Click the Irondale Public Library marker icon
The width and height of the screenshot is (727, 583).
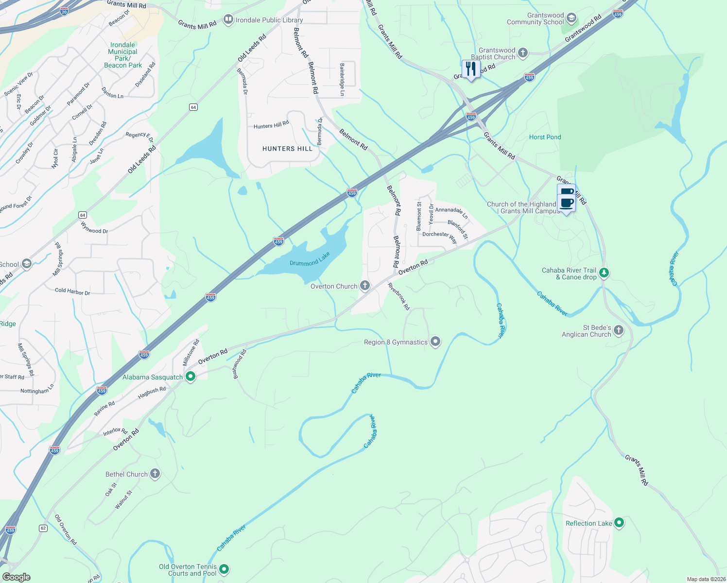click(228, 19)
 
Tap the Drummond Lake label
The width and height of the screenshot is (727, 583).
click(310, 259)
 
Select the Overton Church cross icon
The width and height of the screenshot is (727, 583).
click(365, 286)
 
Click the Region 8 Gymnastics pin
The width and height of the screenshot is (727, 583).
click(435, 342)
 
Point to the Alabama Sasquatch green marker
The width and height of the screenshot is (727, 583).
click(190, 377)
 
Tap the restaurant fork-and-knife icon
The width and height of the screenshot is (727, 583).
click(470, 69)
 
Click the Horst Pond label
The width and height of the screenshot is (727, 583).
click(545, 137)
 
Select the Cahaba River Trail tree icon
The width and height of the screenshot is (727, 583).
click(604, 273)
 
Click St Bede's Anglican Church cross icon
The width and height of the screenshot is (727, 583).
click(619, 330)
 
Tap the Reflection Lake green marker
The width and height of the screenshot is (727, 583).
click(619, 523)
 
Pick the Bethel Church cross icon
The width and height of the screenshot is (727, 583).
click(155, 474)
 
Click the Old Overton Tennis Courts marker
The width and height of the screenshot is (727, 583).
click(224, 568)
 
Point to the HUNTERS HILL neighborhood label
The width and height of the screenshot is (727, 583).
click(287, 149)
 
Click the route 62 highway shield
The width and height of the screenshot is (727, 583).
click(43, 528)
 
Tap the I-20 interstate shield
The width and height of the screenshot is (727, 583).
click(64, 11)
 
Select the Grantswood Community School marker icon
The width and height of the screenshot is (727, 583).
click(571, 18)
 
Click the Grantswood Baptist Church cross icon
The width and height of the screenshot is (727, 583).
click(523, 53)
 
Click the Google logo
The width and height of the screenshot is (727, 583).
click(16, 577)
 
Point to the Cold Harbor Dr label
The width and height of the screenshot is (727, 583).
click(72, 291)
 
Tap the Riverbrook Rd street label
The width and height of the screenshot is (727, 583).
click(399, 296)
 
